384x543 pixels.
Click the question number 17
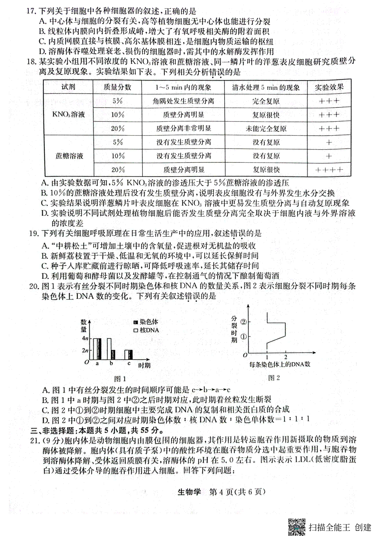pos(31,12)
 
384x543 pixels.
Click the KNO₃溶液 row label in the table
pos(68,114)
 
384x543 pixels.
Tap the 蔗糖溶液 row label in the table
pos(69,156)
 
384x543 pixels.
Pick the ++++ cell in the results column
pos(329,170)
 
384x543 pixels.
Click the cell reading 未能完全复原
pos(266,128)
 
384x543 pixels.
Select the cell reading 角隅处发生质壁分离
pos(183,101)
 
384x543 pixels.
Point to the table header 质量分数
pos(117,87)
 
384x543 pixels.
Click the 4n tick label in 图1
pos(85,338)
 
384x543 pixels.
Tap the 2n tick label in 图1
pos(85,350)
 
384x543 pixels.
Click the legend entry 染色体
pos(147,322)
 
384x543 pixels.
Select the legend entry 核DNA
pos(147,330)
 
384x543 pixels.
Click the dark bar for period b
pos(113,354)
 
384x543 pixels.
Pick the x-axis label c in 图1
pos(129,363)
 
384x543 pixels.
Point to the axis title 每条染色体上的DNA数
pos(280,364)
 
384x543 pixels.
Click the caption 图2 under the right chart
pos(274,378)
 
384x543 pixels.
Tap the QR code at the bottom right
pos(297,526)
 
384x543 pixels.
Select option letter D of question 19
pos(45,276)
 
